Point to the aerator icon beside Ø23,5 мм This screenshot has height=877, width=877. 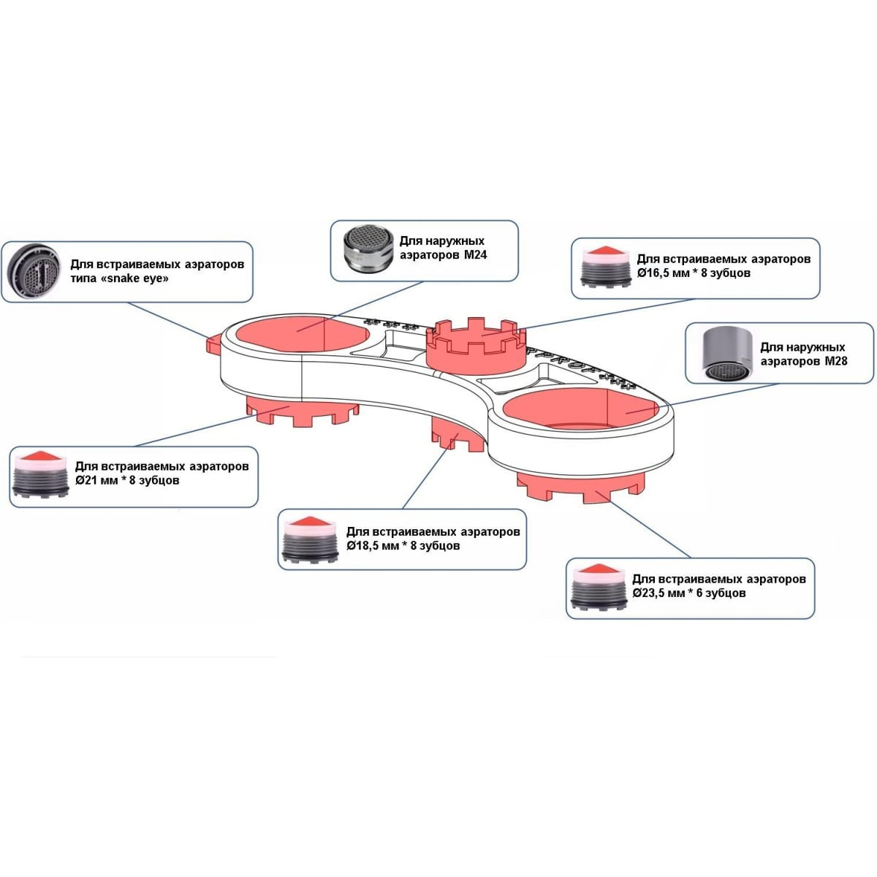pyautogui.click(x=599, y=588)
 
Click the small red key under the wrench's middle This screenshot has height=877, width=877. pyautogui.click(x=455, y=436)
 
